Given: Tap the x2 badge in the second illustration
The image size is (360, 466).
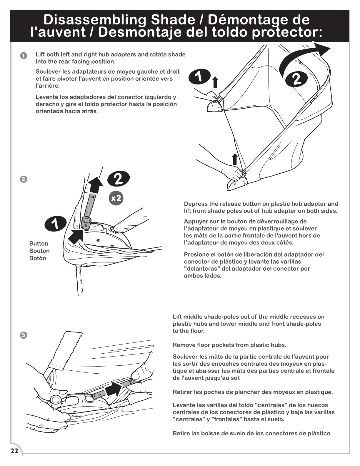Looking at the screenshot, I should click(116, 198).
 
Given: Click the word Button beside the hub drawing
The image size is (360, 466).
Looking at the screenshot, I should click(39, 244).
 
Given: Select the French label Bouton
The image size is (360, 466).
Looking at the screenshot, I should click(39, 251).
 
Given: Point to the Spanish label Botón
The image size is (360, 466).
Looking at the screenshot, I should click(38, 258).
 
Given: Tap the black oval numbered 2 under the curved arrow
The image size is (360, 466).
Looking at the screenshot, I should click(297, 79).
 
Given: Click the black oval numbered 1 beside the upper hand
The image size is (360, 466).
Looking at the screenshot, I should click(200, 77).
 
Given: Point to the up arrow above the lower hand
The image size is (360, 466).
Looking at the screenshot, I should click(235, 159).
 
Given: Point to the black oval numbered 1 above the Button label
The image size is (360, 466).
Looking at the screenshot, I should click(55, 224).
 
